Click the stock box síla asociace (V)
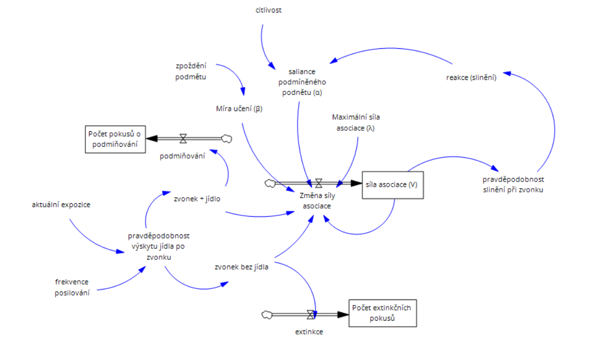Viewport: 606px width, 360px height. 392,185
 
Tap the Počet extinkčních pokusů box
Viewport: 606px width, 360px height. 382,313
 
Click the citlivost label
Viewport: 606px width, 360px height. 269,9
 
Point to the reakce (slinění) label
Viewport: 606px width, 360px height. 471,78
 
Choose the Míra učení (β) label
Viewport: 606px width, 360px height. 240,109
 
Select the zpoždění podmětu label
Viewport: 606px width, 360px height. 191,72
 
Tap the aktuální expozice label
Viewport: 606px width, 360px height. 61,204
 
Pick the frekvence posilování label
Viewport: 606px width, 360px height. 72,287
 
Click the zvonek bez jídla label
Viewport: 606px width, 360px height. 241,267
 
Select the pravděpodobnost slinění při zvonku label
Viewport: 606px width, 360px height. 513,184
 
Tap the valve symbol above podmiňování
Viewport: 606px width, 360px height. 183,139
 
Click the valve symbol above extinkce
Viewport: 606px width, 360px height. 311,314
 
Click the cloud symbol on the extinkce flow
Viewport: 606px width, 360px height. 267,314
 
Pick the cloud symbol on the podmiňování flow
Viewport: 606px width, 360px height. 226,139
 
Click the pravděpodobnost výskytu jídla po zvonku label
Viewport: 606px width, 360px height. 159,246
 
